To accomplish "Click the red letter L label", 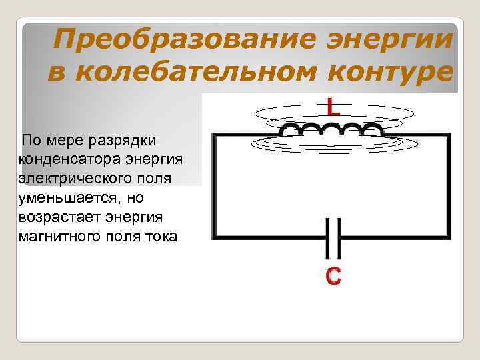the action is [333, 107].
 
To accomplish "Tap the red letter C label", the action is [333, 275].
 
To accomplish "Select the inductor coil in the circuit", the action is [333, 130].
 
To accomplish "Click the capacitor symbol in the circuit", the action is [333, 238].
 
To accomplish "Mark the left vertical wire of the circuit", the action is [213, 187].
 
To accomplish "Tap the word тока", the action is [160, 237].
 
